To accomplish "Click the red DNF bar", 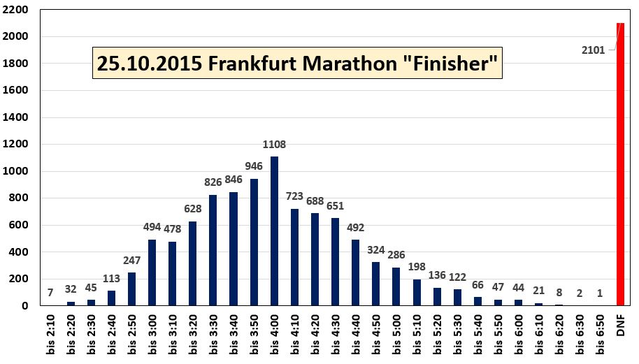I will [621, 164].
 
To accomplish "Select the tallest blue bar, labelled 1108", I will [275, 231].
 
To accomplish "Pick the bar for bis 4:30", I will [336, 261].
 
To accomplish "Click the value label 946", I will [254, 166].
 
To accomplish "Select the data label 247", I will [132, 260].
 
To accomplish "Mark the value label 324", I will [376, 249].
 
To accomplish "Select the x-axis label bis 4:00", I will [275, 335].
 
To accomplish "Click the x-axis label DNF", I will [621, 325].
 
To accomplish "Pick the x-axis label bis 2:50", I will [132, 335].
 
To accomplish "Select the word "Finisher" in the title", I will [454, 64].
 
